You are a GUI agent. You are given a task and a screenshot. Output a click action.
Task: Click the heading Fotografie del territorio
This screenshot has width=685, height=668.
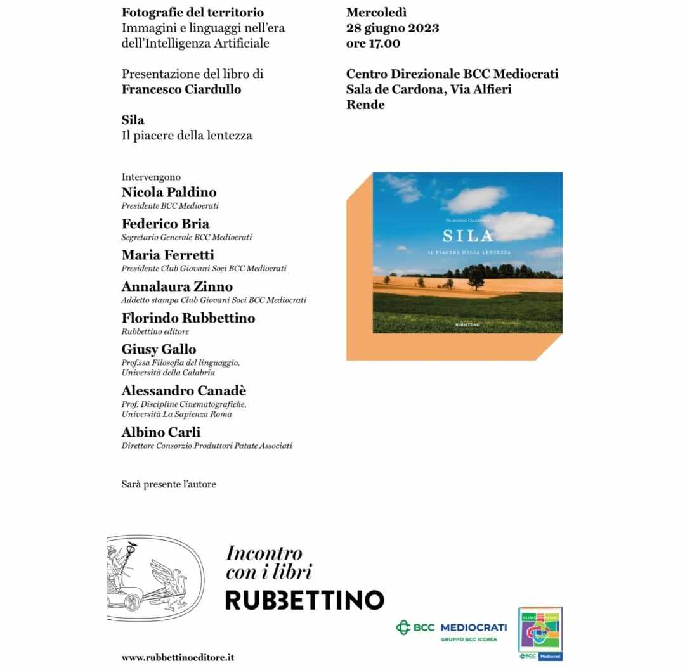[193, 13]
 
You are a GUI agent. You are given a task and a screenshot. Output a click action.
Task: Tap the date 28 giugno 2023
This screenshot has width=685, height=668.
[393, 28]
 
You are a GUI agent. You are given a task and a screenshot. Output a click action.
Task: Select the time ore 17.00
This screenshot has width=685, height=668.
[373, 44]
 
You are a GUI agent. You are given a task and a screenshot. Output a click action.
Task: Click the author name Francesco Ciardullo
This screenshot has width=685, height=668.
[181, 89]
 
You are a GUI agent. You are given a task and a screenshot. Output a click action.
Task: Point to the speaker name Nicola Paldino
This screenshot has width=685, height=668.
[169, 193]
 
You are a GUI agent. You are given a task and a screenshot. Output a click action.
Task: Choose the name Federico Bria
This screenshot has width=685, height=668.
[166, 224]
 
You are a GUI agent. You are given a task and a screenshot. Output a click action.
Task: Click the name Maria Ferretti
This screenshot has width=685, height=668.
[168, 255]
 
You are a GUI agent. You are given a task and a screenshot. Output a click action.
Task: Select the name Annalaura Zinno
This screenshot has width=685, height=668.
[177, 286]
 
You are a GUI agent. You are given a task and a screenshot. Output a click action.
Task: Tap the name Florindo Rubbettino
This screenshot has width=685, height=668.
[188, 318]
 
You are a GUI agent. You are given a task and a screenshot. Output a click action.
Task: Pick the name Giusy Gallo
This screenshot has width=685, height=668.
[159, 349]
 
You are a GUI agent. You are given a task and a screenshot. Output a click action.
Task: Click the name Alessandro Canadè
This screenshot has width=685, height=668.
[184, 390]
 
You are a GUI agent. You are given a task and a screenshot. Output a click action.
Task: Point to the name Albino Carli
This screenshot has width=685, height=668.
[161, 432]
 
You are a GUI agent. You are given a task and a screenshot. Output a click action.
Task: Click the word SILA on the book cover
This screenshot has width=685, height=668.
[467, 236]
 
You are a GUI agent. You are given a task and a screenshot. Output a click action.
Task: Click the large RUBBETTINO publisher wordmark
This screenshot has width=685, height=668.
[304, 600]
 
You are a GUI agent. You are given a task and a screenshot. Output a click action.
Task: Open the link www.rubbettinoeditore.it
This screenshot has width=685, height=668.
[178, 657]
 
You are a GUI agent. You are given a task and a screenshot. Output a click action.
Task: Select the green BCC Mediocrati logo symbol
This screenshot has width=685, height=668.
[403, 627]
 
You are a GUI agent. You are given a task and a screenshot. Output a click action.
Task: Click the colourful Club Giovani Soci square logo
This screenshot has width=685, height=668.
[540, 632]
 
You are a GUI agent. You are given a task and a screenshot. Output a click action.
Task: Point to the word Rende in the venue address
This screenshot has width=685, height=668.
[365, 105]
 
